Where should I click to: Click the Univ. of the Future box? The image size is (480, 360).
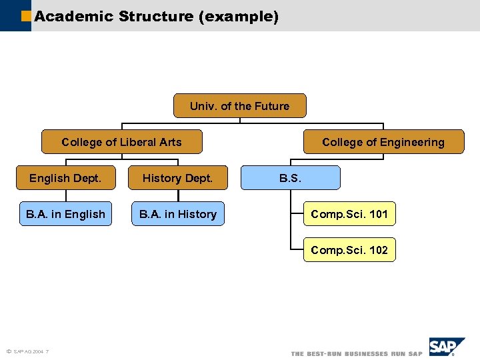240,106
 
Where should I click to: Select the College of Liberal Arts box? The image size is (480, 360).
121,142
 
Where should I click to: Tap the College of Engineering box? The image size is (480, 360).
383,142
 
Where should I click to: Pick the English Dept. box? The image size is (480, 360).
65,178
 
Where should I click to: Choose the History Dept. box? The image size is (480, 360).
177,178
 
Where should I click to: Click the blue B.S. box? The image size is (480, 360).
290,178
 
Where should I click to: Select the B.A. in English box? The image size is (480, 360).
65,214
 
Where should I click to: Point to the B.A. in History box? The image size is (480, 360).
177,214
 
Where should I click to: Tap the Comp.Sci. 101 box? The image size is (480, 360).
349,214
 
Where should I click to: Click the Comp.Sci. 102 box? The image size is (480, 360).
349,250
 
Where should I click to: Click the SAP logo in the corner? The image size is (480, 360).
446,347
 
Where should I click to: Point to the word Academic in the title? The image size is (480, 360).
74,16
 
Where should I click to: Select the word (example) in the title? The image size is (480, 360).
239,16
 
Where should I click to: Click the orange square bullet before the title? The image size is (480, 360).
26,15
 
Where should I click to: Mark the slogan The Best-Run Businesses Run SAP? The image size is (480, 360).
356,353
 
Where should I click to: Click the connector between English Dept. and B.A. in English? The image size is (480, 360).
66,196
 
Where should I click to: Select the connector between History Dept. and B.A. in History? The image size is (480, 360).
178,196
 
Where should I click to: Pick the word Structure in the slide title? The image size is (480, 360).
156,16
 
